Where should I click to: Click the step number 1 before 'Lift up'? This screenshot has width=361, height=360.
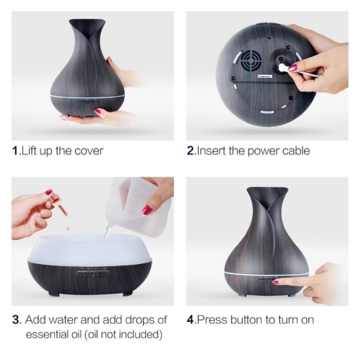tap(15, 151)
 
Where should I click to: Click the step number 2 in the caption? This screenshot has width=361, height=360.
tap(191, 151)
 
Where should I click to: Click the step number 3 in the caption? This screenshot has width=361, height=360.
tap(16, 319)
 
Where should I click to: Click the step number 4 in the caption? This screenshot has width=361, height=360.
tap(191, 319)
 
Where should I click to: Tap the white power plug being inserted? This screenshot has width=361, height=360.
tap(284, 68)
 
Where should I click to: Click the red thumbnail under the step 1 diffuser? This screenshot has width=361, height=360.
tap(97, 112)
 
